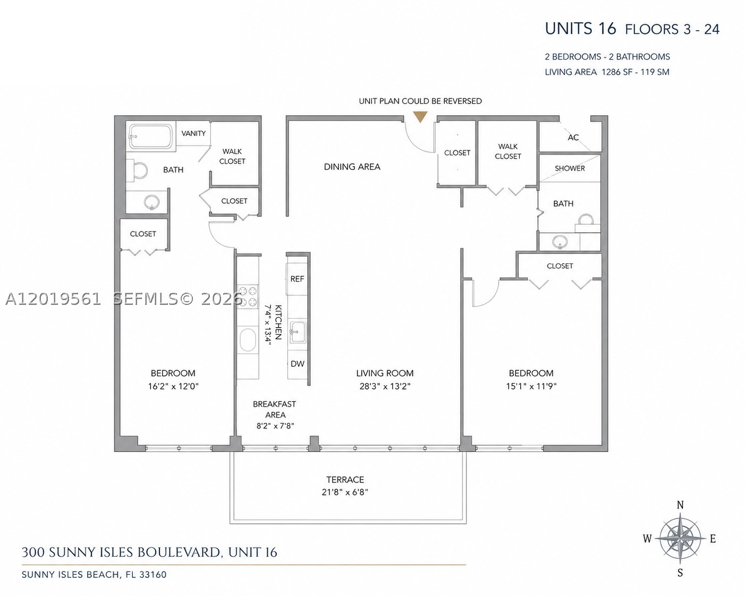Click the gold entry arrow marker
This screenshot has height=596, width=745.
(x=420, y=117)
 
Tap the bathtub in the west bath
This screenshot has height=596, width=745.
(x=150, y=137)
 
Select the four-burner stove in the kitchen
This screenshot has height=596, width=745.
(x=248, y=296)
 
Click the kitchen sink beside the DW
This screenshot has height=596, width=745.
(x=298, y=333)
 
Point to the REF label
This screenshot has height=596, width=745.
(x=297, y=279)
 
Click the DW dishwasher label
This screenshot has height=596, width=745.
(x=298, y=364)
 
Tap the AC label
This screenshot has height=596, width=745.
(x=573, y=138)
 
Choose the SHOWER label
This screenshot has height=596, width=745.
(x=570, y=168)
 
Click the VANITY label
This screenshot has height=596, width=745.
(x=193, y=133)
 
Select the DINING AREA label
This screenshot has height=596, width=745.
(x=352, y=167)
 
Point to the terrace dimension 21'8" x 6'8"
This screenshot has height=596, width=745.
(x=345, y=492)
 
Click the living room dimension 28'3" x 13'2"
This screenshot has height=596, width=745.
(x=385, y=386)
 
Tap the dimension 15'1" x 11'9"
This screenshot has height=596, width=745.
(x=531, y=386)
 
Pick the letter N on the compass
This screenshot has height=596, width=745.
(x=680, y=505)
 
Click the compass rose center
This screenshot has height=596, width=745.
(x=680, y=539)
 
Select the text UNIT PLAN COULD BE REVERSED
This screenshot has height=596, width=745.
(x=420, y=101)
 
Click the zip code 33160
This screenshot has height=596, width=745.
(x=153, y=575)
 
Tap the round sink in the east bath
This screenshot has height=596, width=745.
(x=560, y=242)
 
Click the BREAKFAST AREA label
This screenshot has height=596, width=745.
(x=275, y=410)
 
